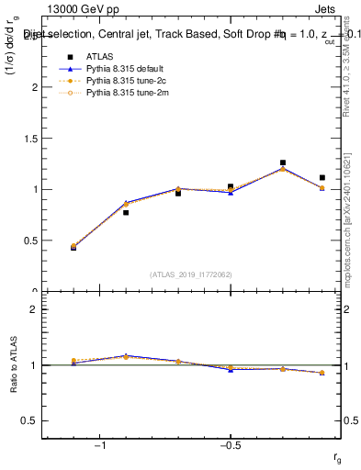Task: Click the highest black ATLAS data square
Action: click(283, 162)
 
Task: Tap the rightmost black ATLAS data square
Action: click(322, 177)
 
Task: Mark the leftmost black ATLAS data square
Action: click(73, 247)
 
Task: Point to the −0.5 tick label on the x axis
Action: click(230, 445)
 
